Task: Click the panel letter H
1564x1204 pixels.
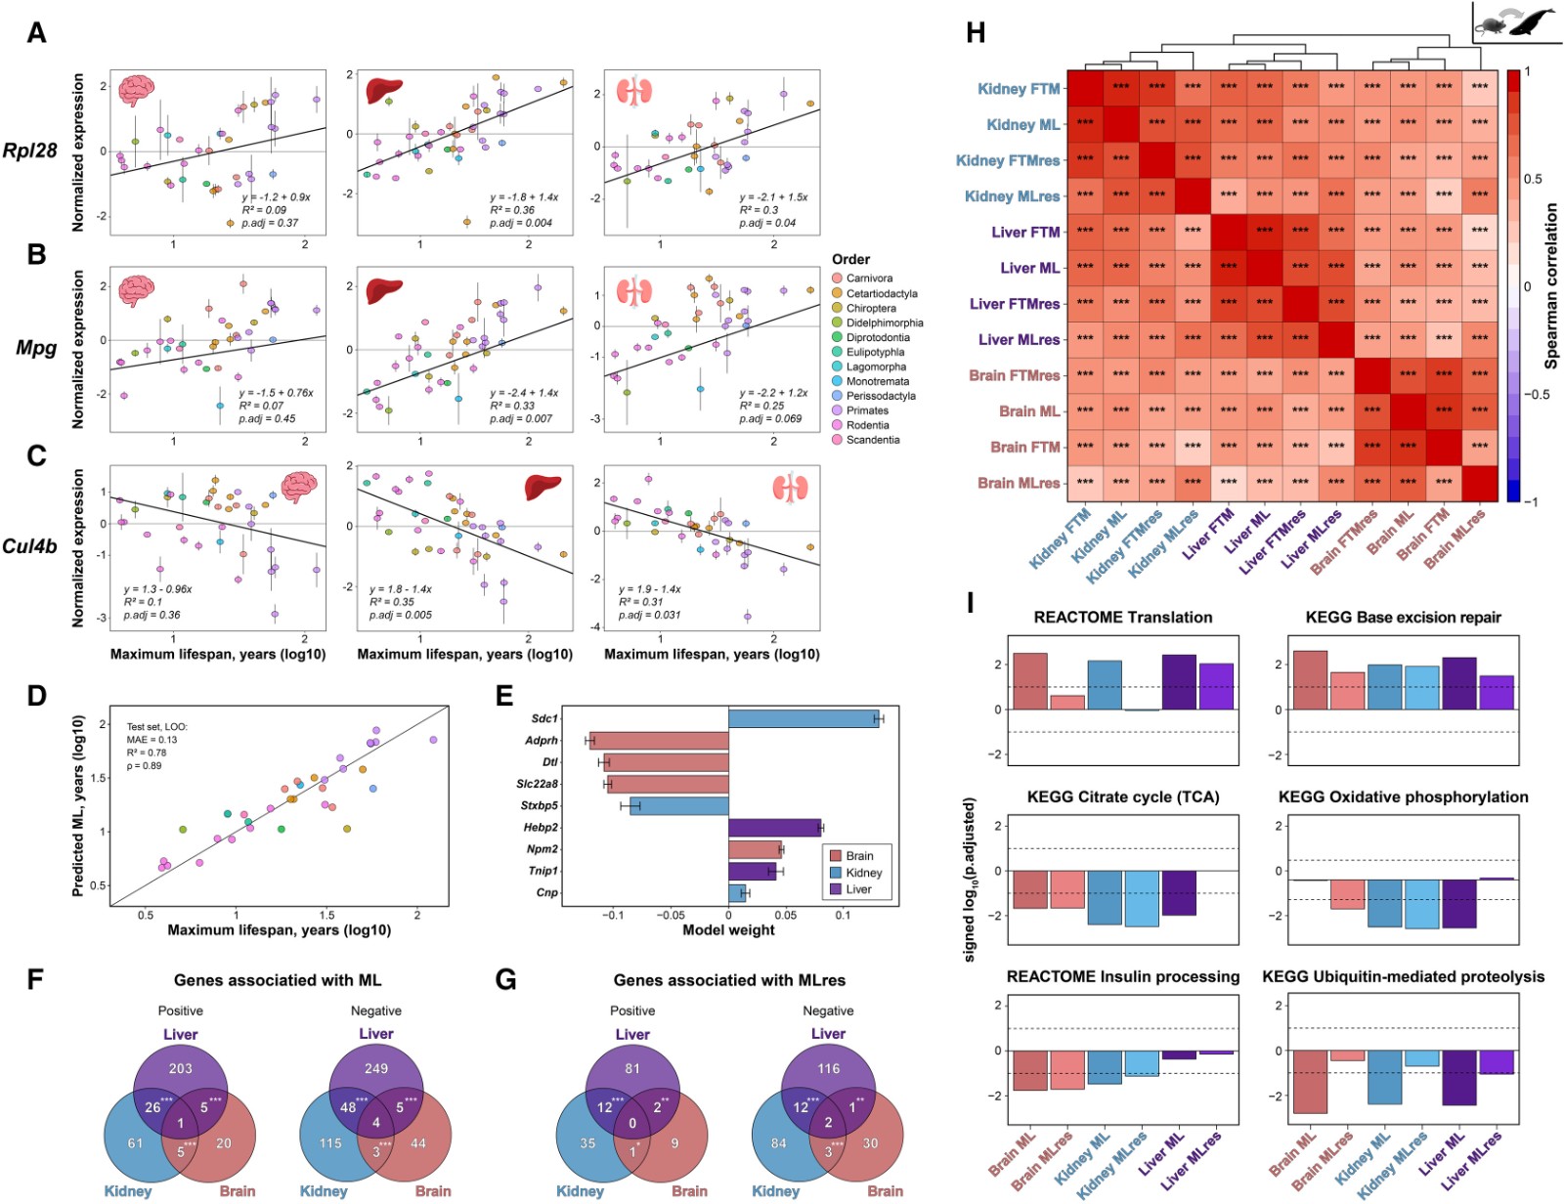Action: click(975, 32)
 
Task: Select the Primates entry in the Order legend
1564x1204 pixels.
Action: click(867, 410)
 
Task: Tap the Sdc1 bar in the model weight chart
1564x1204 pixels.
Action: click(804, 718)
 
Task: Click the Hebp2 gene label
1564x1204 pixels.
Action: click(541, 828)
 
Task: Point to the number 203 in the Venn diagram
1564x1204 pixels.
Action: click(181, 1068)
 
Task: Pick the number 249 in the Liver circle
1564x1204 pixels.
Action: click(376, 1068)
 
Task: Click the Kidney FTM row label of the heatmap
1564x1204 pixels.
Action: click(1019, 89)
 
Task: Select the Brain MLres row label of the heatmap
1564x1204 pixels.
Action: click(1019, 483)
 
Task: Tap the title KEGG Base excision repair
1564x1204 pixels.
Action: click(1403, 618)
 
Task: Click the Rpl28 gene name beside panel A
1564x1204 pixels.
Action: click(29, 150)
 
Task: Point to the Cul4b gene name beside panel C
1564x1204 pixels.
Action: click(29, 545)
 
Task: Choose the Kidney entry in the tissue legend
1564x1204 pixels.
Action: click(863, 873)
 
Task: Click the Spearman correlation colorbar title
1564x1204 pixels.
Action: click(1551, 285)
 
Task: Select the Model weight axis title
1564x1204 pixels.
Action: click(728, 930)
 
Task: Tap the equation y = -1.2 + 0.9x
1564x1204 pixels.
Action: click(277, 197)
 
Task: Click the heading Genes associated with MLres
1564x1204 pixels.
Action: click(729, 980)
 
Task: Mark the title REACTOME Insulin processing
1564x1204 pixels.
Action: click(1123, 977)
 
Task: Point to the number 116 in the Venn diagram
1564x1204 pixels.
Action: click(828, 1068)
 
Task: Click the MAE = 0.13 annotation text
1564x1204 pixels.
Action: click(152, 740)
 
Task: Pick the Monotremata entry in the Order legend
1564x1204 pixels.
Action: click(877, 381)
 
